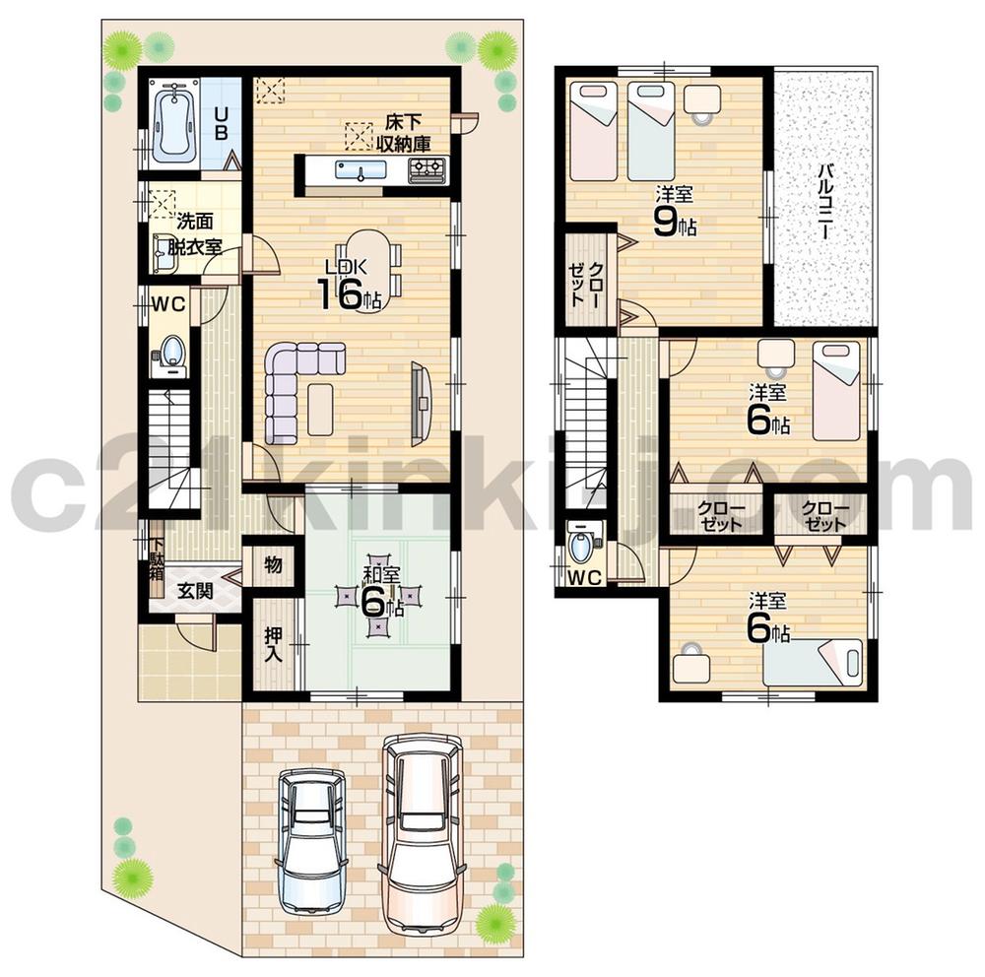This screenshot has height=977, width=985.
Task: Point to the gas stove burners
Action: point(427,170)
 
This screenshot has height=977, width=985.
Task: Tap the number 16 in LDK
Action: point(338,293)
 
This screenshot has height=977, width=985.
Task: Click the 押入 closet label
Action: point(273,646)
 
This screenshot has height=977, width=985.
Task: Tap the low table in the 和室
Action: point(377,596)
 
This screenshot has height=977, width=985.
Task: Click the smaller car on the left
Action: point(311,839)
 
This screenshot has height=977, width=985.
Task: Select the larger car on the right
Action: point(423,832)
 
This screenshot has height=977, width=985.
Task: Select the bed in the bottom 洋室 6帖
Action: point(813,662)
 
